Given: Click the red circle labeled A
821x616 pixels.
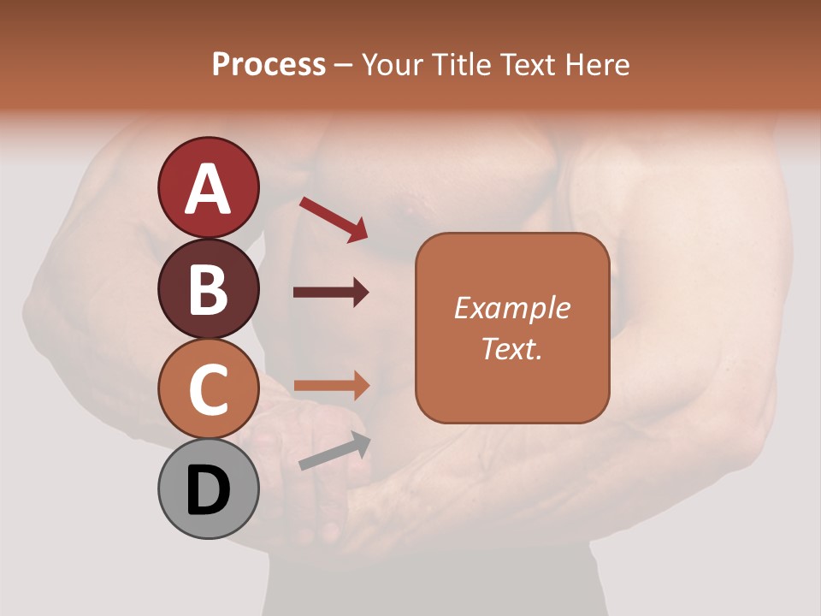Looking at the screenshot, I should tap(208, 187).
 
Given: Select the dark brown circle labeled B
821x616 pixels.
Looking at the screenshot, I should tap(208, 288).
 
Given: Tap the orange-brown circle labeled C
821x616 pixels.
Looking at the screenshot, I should tap(208, 389).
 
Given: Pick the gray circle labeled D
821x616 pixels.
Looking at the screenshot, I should tap(208, 489).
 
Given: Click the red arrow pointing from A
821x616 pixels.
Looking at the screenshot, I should tap(334, 218).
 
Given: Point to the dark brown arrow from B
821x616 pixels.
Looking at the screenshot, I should tap(331, 293).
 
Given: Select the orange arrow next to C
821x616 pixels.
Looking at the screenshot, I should tap(331, 386).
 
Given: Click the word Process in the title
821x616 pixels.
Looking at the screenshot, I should tap(269, 65).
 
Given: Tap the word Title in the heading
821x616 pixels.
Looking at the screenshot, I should tap(463, 65).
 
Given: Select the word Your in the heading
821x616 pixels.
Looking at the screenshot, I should tap(394, 65).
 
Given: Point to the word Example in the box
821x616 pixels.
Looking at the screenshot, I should tap(511, 308).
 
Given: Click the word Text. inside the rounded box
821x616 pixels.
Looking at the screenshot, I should tap(511, 348).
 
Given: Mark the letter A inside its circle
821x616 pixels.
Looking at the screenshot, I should tap(208, 188).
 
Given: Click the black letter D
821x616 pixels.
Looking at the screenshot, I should tap(208, 490).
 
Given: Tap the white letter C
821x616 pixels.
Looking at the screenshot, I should tap(208, 389).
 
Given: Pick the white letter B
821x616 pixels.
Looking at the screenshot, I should tap(208, 289).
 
